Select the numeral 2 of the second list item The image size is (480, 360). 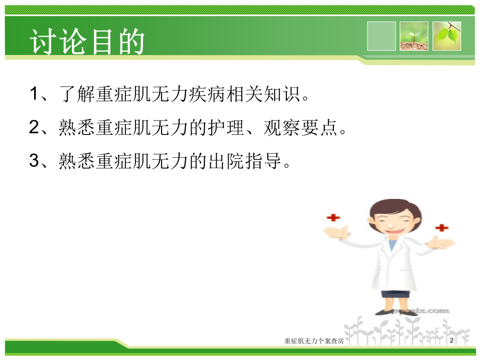pos(34,127)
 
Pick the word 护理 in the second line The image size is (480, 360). pos(226,127)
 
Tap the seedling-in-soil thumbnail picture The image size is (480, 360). pos(414,36)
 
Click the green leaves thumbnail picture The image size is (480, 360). pos(447,36)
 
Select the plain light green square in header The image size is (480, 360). pos(381,36)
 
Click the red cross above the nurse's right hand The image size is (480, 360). pos(333,218)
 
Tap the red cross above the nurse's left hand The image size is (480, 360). pos(442,228)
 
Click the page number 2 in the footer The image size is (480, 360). pos(452,340)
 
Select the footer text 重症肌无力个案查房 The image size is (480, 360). pos(314,341)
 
